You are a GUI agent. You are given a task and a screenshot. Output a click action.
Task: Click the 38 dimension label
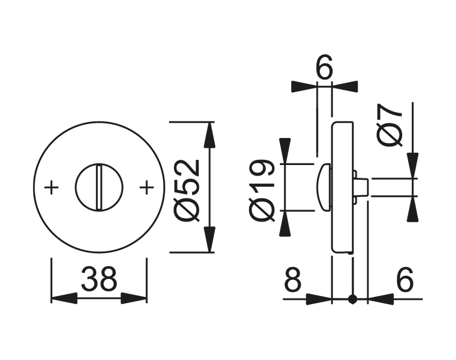tap(99, 279)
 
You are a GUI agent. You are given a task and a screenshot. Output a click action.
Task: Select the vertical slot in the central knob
tap(99, 186)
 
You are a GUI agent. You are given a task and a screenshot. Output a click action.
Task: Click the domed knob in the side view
tap(325, 186)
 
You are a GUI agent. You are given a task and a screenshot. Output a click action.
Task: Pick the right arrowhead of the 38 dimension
tap(134, 299)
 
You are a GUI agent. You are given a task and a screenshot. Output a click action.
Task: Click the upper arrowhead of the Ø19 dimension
tap(285, 151)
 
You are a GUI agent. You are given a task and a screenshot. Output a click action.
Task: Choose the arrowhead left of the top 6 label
tap(304, 86)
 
